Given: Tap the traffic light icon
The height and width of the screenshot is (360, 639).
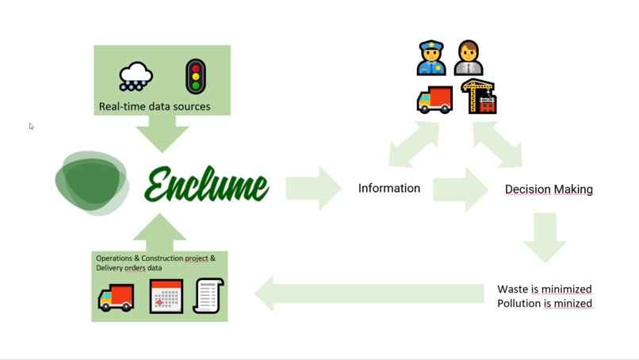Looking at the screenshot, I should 195,77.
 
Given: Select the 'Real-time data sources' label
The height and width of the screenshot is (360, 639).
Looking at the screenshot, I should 155,106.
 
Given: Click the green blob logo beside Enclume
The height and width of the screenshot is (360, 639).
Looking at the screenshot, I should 92,182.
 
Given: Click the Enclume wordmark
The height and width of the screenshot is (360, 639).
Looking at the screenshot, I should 207,185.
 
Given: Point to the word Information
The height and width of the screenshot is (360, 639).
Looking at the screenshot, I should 388,188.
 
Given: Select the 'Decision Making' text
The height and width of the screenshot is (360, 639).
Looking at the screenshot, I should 549,190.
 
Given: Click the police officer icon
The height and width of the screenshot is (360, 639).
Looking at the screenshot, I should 431,59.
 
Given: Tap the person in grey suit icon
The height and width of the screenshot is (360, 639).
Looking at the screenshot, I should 469,59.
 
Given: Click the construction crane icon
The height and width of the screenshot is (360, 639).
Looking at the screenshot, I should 478,97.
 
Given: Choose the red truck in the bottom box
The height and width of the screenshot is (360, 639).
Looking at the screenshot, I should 116,297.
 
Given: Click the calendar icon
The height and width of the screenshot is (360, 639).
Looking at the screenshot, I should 166,297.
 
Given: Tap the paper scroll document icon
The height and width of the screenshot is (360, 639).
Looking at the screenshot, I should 209,296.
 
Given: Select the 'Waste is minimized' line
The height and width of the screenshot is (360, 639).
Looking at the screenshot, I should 544,289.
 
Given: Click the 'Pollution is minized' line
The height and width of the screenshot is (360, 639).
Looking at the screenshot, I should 544,303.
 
